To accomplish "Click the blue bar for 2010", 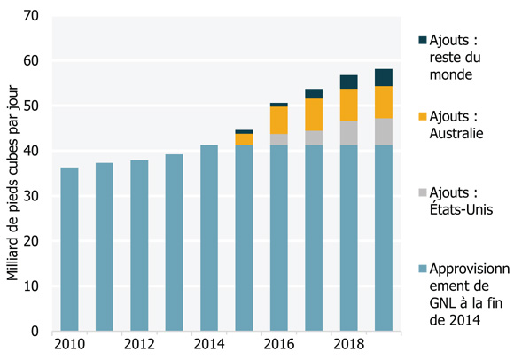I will tap(69, 249).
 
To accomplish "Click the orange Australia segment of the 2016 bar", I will tap(278, 120).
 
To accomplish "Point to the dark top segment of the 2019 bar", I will tap(383, 77).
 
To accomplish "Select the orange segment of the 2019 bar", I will tap(383, 102).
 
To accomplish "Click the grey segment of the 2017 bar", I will tap(314, 137).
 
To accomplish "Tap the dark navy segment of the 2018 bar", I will tap(348, 82).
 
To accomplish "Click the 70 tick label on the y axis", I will tap(31, 16).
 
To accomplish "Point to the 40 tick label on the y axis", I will tap(31, 152).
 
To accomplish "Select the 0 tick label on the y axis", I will tap(35, 332).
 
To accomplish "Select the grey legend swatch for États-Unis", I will tap(422, 192).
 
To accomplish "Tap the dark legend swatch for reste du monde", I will tap(422, 40).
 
